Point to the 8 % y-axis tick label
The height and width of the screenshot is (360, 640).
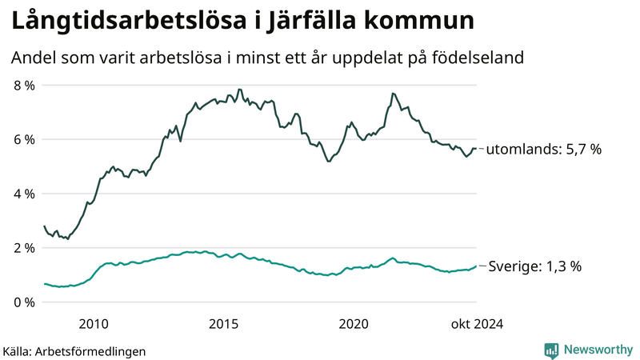[x=24, y=85]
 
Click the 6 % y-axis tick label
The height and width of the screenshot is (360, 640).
[x=24, y=139]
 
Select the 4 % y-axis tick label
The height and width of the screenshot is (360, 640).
[x=24, y=194]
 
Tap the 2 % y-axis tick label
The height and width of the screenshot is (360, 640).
[x=24, y=248]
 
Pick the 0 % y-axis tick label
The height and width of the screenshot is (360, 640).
[x=24, y=302]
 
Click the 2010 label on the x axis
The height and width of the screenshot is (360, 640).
[x=94, y=323]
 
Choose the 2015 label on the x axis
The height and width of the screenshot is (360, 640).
[x=224, y=323]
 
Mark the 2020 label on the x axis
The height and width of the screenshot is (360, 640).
[x=354, y=323]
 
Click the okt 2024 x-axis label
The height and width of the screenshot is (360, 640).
[x=477, y=323]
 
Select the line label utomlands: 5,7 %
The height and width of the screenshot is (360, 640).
[x=544, y=149]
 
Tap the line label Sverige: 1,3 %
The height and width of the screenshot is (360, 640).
[x=534, y=267]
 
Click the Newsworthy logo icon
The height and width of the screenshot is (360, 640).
[x=551, y=350]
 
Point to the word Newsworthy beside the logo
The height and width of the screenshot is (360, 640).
[x=597, y=350]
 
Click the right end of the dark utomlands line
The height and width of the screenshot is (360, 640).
[x=476, y=148]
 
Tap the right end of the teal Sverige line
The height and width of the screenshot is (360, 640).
[x=476, y=266]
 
